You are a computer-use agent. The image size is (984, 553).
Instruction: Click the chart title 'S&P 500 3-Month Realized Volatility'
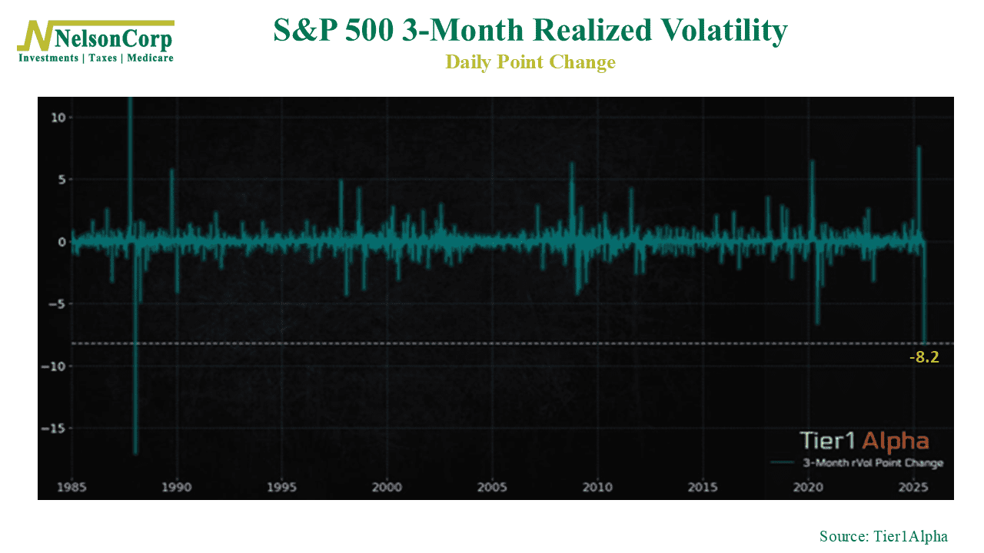(530, 31)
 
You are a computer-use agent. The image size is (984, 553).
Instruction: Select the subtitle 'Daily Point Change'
(530, 62)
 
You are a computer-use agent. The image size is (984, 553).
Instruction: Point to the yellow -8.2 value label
(924, 357)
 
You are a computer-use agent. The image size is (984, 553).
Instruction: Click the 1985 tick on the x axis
(72, 487)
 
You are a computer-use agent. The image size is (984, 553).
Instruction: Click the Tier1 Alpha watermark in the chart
(864, 441)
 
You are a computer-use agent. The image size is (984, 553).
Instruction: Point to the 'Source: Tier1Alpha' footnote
(883, 536)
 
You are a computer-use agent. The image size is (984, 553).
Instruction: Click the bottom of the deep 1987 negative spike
(135, 453)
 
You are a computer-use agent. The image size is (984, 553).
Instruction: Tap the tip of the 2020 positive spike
(812, 161)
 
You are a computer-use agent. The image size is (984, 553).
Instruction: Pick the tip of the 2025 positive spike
(919, 147)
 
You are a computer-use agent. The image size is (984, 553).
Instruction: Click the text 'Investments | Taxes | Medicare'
(96, 58)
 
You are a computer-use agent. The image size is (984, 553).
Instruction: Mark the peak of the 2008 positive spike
(572, 163)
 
